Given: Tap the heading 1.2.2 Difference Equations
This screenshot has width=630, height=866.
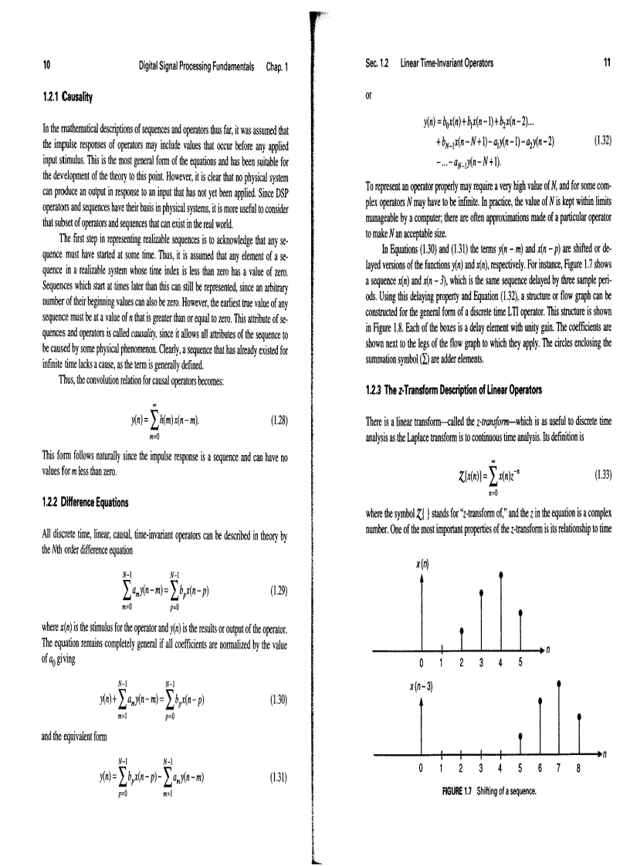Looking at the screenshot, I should (85, 503).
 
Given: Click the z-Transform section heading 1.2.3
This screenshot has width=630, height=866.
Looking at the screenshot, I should (453, 389).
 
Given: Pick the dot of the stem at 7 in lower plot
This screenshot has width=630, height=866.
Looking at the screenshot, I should (558, 682).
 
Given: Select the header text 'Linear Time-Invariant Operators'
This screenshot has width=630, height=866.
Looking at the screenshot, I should (447, 63).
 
